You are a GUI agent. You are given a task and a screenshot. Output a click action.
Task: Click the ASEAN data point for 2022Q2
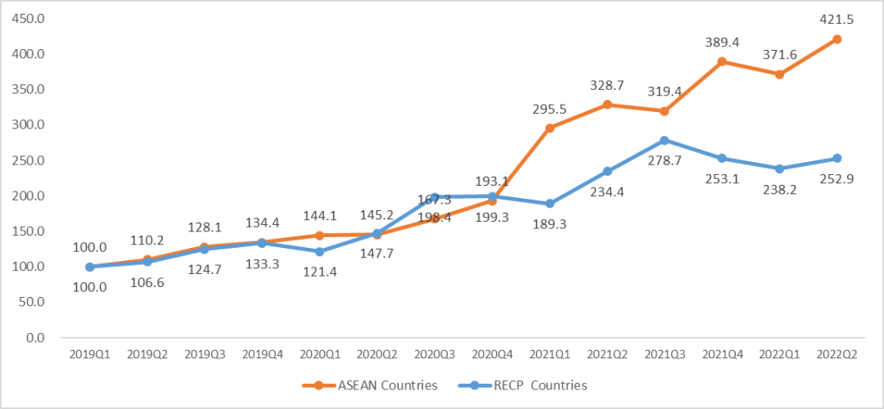(837, 39)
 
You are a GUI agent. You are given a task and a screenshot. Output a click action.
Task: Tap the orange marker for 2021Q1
(549, 128)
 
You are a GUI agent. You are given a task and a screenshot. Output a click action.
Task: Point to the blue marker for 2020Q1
(319, 252)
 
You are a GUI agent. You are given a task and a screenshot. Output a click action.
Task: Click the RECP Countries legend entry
(532, 385)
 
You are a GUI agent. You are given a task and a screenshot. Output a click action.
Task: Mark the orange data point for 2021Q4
(722, 62)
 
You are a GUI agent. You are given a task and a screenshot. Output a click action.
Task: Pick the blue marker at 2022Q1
(779, 169)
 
